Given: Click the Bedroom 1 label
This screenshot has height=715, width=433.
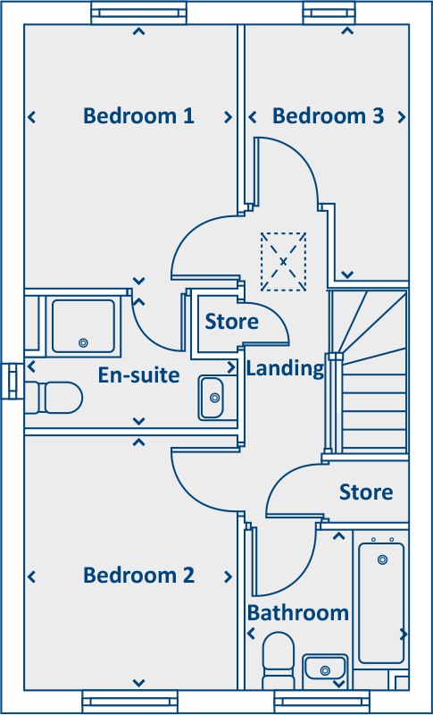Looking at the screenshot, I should [x=138, y=115].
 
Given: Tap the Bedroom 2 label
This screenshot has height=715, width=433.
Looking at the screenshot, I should [x=138, y=575].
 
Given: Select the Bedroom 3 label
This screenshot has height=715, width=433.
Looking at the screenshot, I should [x=328, y=115].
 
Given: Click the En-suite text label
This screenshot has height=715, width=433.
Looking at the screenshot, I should [x=138, y=374].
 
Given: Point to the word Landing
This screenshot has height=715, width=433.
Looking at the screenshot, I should [x=285, y=367].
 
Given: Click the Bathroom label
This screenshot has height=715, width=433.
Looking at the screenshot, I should [x=297, y=612].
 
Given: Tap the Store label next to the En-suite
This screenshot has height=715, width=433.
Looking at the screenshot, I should [x=231, y=321].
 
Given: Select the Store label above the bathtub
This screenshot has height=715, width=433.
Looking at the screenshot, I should [x=366, y=492].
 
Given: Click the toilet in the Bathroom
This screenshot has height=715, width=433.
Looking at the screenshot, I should [x=279, y=657].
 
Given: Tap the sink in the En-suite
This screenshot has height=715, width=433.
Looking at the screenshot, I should [x=212, y=396].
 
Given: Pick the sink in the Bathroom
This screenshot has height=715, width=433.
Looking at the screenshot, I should [x=324, y=667].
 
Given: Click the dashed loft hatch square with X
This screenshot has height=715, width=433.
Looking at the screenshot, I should [x=283, y=261].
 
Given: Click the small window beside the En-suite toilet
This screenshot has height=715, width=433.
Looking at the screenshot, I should [x=12, y=382].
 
